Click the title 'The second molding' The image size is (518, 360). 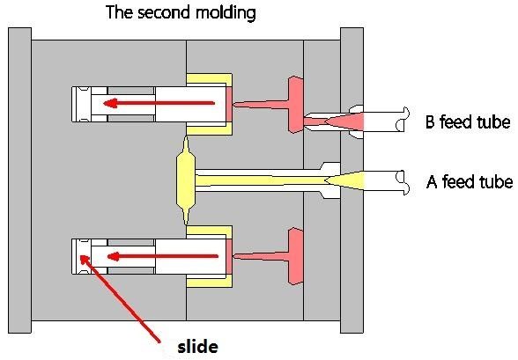[181, 12]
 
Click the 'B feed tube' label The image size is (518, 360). [468, 121]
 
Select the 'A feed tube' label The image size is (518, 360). [470, 181]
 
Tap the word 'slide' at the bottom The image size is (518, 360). [197, 347]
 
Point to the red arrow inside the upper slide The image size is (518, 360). [159, 103]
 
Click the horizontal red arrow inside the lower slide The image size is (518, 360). [163, 256]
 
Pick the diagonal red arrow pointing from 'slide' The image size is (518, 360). [120, 298]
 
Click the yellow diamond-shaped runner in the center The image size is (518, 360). [186, 180]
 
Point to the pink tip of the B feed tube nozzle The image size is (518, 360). [344, 121]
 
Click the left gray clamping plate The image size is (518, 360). [19, 180]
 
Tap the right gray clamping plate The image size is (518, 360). [351, 180]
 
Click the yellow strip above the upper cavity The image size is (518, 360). [209, 78]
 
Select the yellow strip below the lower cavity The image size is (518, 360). [209, 283]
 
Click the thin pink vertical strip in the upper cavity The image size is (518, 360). [229, 104]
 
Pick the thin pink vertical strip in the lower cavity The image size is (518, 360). [229, 257]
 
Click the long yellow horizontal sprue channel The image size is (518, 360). [261, 180]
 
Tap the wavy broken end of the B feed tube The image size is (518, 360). [403, 119]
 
